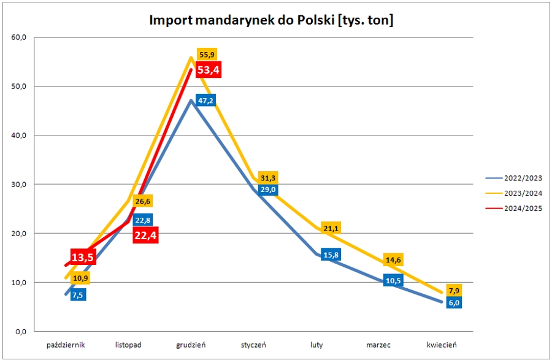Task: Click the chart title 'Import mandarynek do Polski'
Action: point(272,20)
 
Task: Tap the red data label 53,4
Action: point(208,69)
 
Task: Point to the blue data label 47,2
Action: point(205,100)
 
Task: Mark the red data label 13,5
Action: point(82,257)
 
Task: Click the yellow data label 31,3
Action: point(269,178)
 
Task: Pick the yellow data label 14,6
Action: point(392,260)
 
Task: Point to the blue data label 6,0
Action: point(453,302)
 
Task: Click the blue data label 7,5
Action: point(78,295)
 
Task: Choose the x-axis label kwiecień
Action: point(442,345)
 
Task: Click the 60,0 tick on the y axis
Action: point(18,37)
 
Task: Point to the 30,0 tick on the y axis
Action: point(18,185)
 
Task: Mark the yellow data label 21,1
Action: point(331,229)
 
